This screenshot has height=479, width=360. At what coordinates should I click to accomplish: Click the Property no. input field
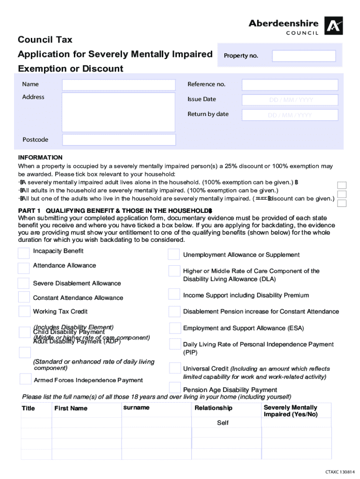304,56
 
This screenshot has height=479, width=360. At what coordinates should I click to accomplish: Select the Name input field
119,85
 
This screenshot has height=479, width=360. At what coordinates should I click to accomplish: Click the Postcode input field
119,140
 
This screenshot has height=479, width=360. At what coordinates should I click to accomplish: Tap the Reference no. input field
290,85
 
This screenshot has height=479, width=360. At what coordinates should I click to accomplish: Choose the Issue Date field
290,100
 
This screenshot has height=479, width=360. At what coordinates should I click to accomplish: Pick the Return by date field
290,115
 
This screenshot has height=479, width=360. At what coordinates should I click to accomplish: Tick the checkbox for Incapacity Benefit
23,253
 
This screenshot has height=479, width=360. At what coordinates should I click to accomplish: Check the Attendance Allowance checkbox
23,268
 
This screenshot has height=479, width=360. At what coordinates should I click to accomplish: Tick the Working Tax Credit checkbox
24,312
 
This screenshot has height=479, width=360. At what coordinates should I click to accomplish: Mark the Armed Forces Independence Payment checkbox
25,379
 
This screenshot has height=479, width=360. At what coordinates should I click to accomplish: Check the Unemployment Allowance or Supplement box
173,254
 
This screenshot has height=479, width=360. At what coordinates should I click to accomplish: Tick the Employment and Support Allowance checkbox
174,328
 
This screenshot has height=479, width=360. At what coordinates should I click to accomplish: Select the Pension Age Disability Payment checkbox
174,387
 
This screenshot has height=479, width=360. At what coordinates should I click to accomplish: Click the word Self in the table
223,423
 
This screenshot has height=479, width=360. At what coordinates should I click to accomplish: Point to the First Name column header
71,408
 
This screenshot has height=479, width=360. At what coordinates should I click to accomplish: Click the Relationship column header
213,408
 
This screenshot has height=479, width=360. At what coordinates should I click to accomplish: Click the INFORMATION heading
40,158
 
